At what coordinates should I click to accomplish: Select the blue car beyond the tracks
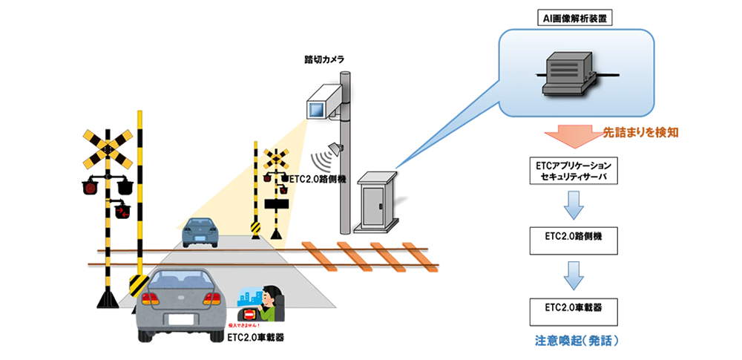200,232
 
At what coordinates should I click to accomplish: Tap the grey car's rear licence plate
182,320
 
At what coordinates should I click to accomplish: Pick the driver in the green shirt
272,301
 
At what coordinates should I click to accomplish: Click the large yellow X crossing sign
108,148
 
